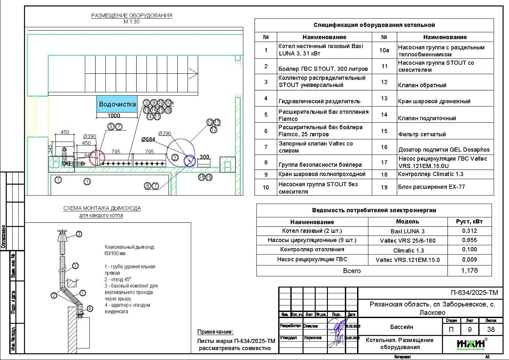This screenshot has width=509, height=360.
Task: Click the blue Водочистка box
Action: (x=117, y=104)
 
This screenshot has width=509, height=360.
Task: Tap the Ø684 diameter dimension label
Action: (x=148, y=139)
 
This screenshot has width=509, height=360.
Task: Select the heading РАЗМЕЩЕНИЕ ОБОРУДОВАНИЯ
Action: (x=131, y=16)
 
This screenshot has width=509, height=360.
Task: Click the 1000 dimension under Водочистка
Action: (x=114, y=116)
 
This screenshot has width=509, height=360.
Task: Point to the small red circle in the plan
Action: (x=97, y=158)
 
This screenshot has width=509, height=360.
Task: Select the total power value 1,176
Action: (x=469, y=271)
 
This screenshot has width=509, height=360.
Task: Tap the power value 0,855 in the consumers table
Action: (x=469, y=240)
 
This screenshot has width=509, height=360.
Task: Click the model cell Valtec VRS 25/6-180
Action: (x=408, y=240)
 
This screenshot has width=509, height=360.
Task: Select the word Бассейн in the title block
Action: (x=402, y=327)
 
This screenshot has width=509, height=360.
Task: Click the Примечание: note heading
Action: (x=215, y=332)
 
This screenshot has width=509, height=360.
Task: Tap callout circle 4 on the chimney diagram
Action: (x=90, y=308)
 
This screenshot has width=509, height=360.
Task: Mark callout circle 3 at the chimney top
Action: (x=79, y=234)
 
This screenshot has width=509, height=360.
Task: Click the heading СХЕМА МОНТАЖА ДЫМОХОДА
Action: (x=102, y=208)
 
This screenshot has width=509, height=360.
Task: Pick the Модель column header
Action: (x=407, y=222)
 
